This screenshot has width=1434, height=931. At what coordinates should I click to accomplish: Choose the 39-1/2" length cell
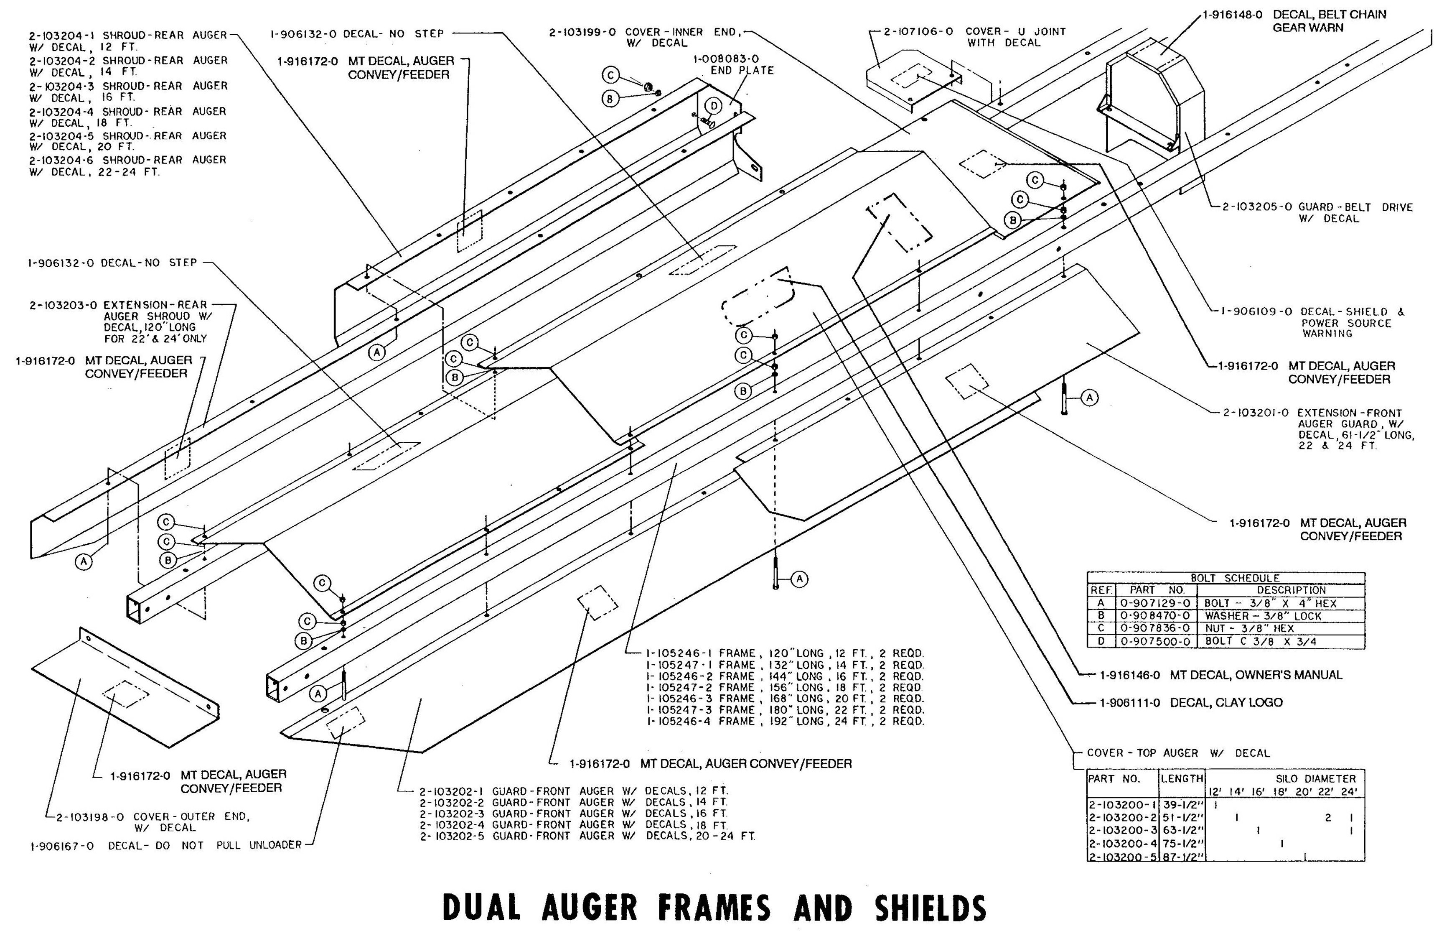[1182, 804]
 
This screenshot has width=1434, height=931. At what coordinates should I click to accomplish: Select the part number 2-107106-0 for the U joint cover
[918, 31]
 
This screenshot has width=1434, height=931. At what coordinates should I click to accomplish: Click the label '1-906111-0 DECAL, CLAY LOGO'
[1190, 702]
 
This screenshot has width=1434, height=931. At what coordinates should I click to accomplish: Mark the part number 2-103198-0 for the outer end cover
[90, 817]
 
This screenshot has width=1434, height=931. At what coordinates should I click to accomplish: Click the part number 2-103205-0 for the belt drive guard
[1256, 207]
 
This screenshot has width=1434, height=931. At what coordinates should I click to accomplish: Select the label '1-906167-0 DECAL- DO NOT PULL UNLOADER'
[166, 845]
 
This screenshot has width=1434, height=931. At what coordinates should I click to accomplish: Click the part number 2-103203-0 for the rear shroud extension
[63, 305]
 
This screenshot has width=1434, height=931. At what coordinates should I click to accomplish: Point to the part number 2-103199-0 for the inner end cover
[582, 32]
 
